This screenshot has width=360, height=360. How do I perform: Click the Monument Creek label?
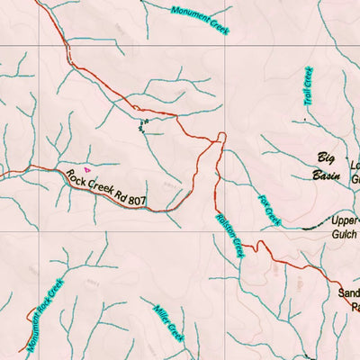pyautogui.click(x=200, y=20)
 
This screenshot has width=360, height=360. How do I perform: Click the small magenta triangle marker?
pyautogui.click(x=87, y=168)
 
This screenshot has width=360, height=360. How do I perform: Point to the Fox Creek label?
pyautogui.click(x=269, y=211)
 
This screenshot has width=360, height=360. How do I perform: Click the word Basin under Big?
pyautogui.click(x=325, y=176)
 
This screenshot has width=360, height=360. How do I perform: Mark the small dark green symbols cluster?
pyautogui.click(x=141, y=126)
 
